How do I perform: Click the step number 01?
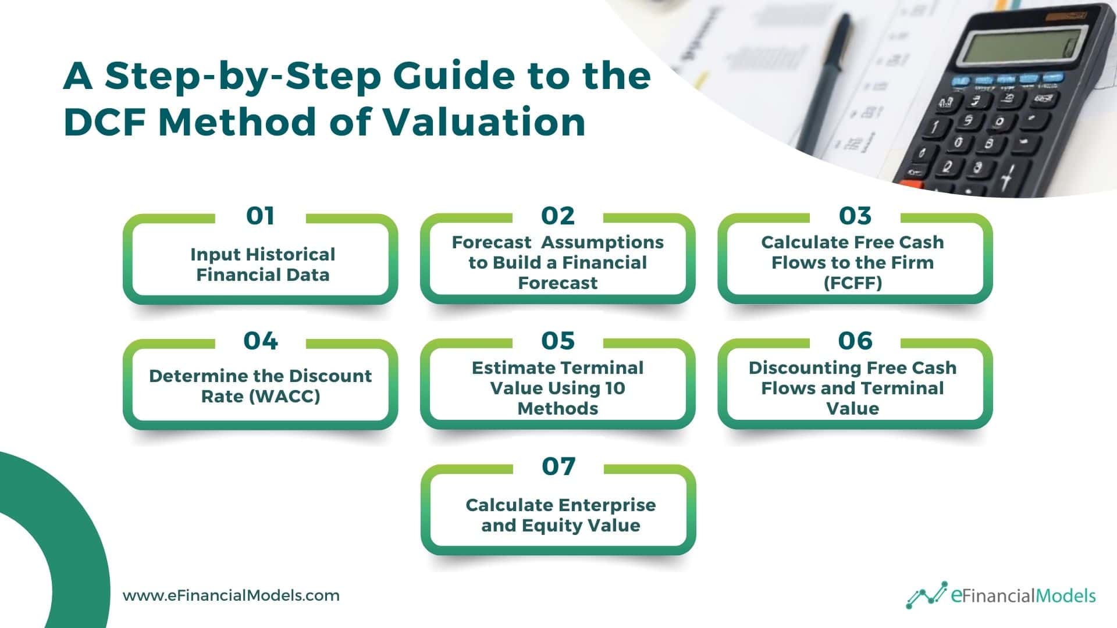tap(260, 216)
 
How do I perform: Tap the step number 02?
tap(557, 216)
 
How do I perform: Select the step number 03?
tap(855, 216)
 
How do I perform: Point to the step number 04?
tap(260, 341)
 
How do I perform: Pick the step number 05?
tap(557, 341)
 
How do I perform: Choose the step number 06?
tap(855, 341)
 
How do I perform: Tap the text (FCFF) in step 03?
tap(852, 283)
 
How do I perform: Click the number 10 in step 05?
tap(614, 388)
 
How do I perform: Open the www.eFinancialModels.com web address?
tap(231, 596)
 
